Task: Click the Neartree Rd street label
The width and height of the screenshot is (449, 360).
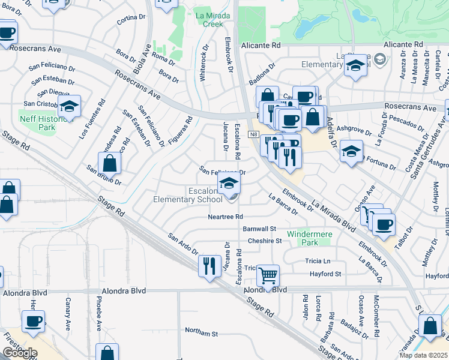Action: pyautogui.click(x=225, y=217)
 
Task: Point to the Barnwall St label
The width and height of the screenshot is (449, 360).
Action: pyautogui.click(x=259, y=229)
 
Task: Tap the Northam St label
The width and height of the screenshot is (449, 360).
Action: pyautogui.click(x=201, y=332)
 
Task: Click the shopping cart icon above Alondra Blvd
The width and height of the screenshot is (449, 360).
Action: pyautogui.click(x=268, y=276)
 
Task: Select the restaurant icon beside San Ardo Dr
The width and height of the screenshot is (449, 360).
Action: pyautogui.click(x=208, y=265)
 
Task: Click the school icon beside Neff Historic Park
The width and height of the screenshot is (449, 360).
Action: pyautogui.click(x=70, y=106)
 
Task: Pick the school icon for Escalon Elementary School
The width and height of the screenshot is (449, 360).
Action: pyautogui.click(x=229, y=183)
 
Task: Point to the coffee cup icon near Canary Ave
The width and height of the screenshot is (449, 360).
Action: pyautogui.click(x=34, y=321)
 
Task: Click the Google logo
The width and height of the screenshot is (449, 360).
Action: pyautogui.click(x=19, y=353)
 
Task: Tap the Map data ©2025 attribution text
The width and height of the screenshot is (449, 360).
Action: pyautogui.click(x=423, y=355)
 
